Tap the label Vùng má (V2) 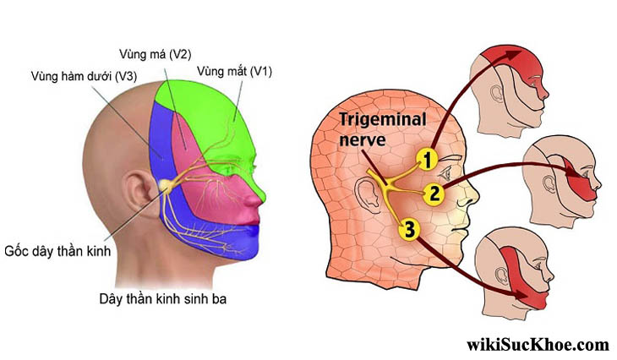pyautogui.click(x=166, y=54)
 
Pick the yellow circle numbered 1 pyautogui.click(x=428, y=158)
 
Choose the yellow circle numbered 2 pyautogui.click(x=433, y=194)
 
